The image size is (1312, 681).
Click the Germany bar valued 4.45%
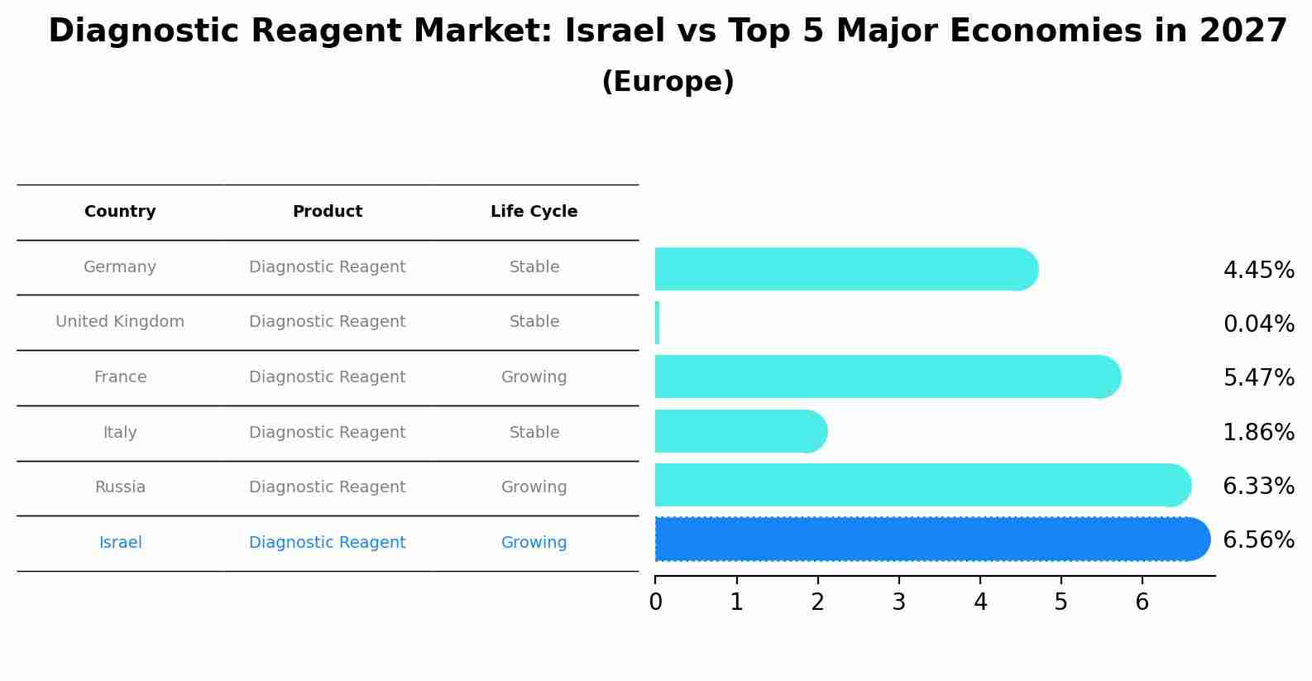844,269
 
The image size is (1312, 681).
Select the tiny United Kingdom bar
658,323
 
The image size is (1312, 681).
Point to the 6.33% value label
1258,487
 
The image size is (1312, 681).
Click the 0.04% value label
1258,324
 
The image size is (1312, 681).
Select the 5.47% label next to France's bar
1258,378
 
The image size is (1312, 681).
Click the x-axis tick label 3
899,602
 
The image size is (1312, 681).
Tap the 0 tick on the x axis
656,602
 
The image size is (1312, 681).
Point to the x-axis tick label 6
1142,602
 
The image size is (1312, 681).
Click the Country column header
120,212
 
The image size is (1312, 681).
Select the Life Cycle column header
534,212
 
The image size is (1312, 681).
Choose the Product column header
328,212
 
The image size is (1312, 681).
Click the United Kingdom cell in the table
120,322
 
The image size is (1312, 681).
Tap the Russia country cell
120,487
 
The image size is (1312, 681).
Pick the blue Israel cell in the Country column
120,543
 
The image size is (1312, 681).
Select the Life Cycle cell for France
534,377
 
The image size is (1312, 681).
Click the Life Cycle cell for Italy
534,433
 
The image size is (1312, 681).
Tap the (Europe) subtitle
668,82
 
